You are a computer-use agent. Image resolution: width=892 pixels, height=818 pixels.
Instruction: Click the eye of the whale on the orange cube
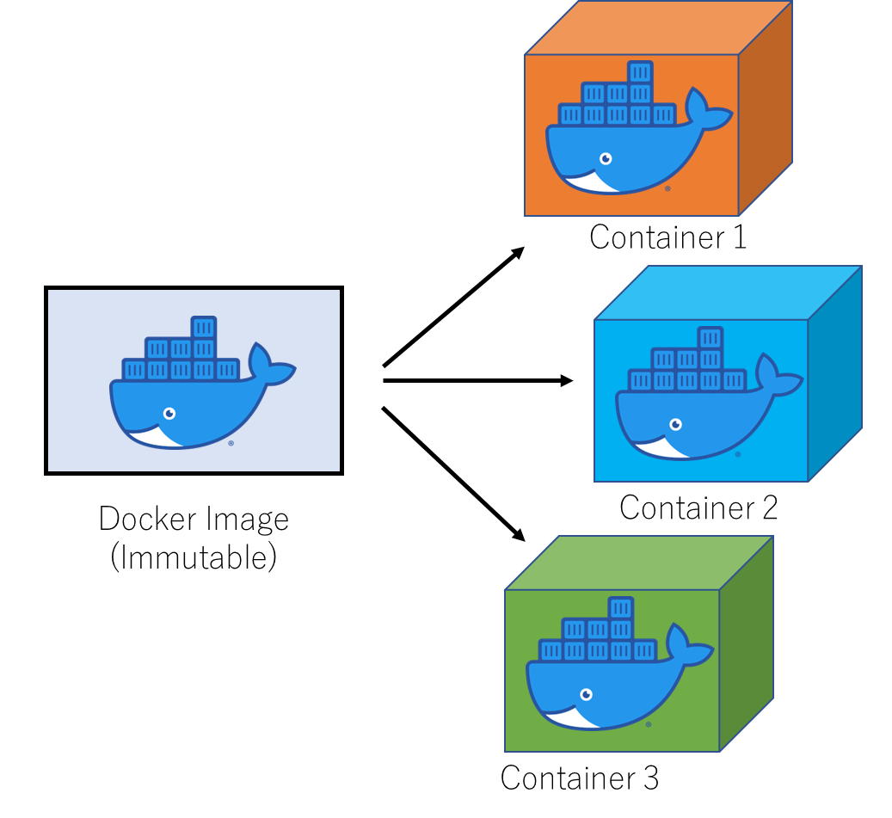606,159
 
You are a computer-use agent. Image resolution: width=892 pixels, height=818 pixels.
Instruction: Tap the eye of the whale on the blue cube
675,424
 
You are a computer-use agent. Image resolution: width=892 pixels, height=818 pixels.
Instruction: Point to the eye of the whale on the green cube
587,694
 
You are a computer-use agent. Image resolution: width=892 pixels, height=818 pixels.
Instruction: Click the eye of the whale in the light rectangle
169,414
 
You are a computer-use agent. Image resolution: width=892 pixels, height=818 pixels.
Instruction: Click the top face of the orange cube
658,28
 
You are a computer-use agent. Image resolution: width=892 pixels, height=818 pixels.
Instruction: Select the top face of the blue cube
728,292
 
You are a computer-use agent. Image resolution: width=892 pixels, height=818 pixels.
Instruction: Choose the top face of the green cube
639,563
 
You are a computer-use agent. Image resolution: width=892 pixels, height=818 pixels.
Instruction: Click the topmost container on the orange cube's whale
640,72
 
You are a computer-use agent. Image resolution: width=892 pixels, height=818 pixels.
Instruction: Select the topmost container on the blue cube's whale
710,338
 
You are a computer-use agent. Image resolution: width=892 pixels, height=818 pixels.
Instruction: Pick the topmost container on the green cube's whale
620,608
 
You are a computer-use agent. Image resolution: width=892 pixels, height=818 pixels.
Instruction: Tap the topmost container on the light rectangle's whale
203,328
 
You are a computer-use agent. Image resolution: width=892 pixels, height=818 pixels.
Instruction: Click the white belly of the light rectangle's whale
153,438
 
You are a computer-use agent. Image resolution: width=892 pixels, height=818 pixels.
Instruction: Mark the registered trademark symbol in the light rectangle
231,444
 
